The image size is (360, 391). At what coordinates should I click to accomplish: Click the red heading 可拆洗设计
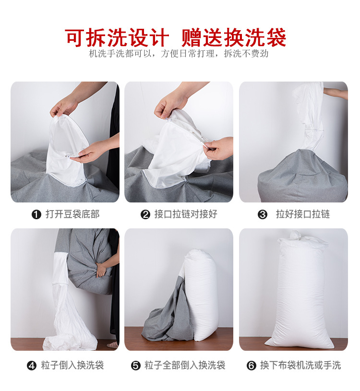tap(117, 37)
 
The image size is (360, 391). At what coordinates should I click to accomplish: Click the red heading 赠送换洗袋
tap(233, 37)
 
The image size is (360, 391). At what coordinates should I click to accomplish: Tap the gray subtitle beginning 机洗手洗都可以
tap(179, 54)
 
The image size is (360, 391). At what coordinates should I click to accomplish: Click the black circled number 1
tap(36, 214)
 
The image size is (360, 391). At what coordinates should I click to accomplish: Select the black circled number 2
tap(145, 214)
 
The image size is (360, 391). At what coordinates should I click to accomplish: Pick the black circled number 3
tap(263, 214)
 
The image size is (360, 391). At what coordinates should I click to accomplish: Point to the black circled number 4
tap(32, 366)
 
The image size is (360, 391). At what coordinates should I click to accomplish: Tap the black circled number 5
tap(136, 366)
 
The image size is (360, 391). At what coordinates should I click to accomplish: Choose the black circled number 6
tap(252, 366)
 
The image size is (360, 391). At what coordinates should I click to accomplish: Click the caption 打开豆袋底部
tap(72, 214)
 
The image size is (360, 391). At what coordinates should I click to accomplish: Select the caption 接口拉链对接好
tap(186, 214)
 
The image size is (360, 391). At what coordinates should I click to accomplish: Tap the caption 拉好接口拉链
tap(303, 214)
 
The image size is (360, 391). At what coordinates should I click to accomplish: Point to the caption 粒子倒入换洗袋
tap(72, 365)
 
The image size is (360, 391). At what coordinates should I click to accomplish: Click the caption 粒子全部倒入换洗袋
tap(185, 365)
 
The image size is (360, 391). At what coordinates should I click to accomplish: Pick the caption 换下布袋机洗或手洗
tap(300, 365)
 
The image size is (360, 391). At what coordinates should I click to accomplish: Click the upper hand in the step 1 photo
tap(64, 107)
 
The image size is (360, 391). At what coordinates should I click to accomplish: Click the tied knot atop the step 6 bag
tap(296, 235)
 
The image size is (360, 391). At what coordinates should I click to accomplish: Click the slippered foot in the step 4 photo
tap(112, 345)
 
